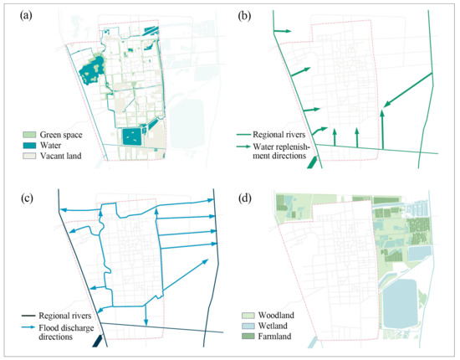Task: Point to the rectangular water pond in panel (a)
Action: pyautogui.click(x=133, y=136)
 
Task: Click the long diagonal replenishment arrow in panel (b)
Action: pyautogui.click(x=408, y=90)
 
